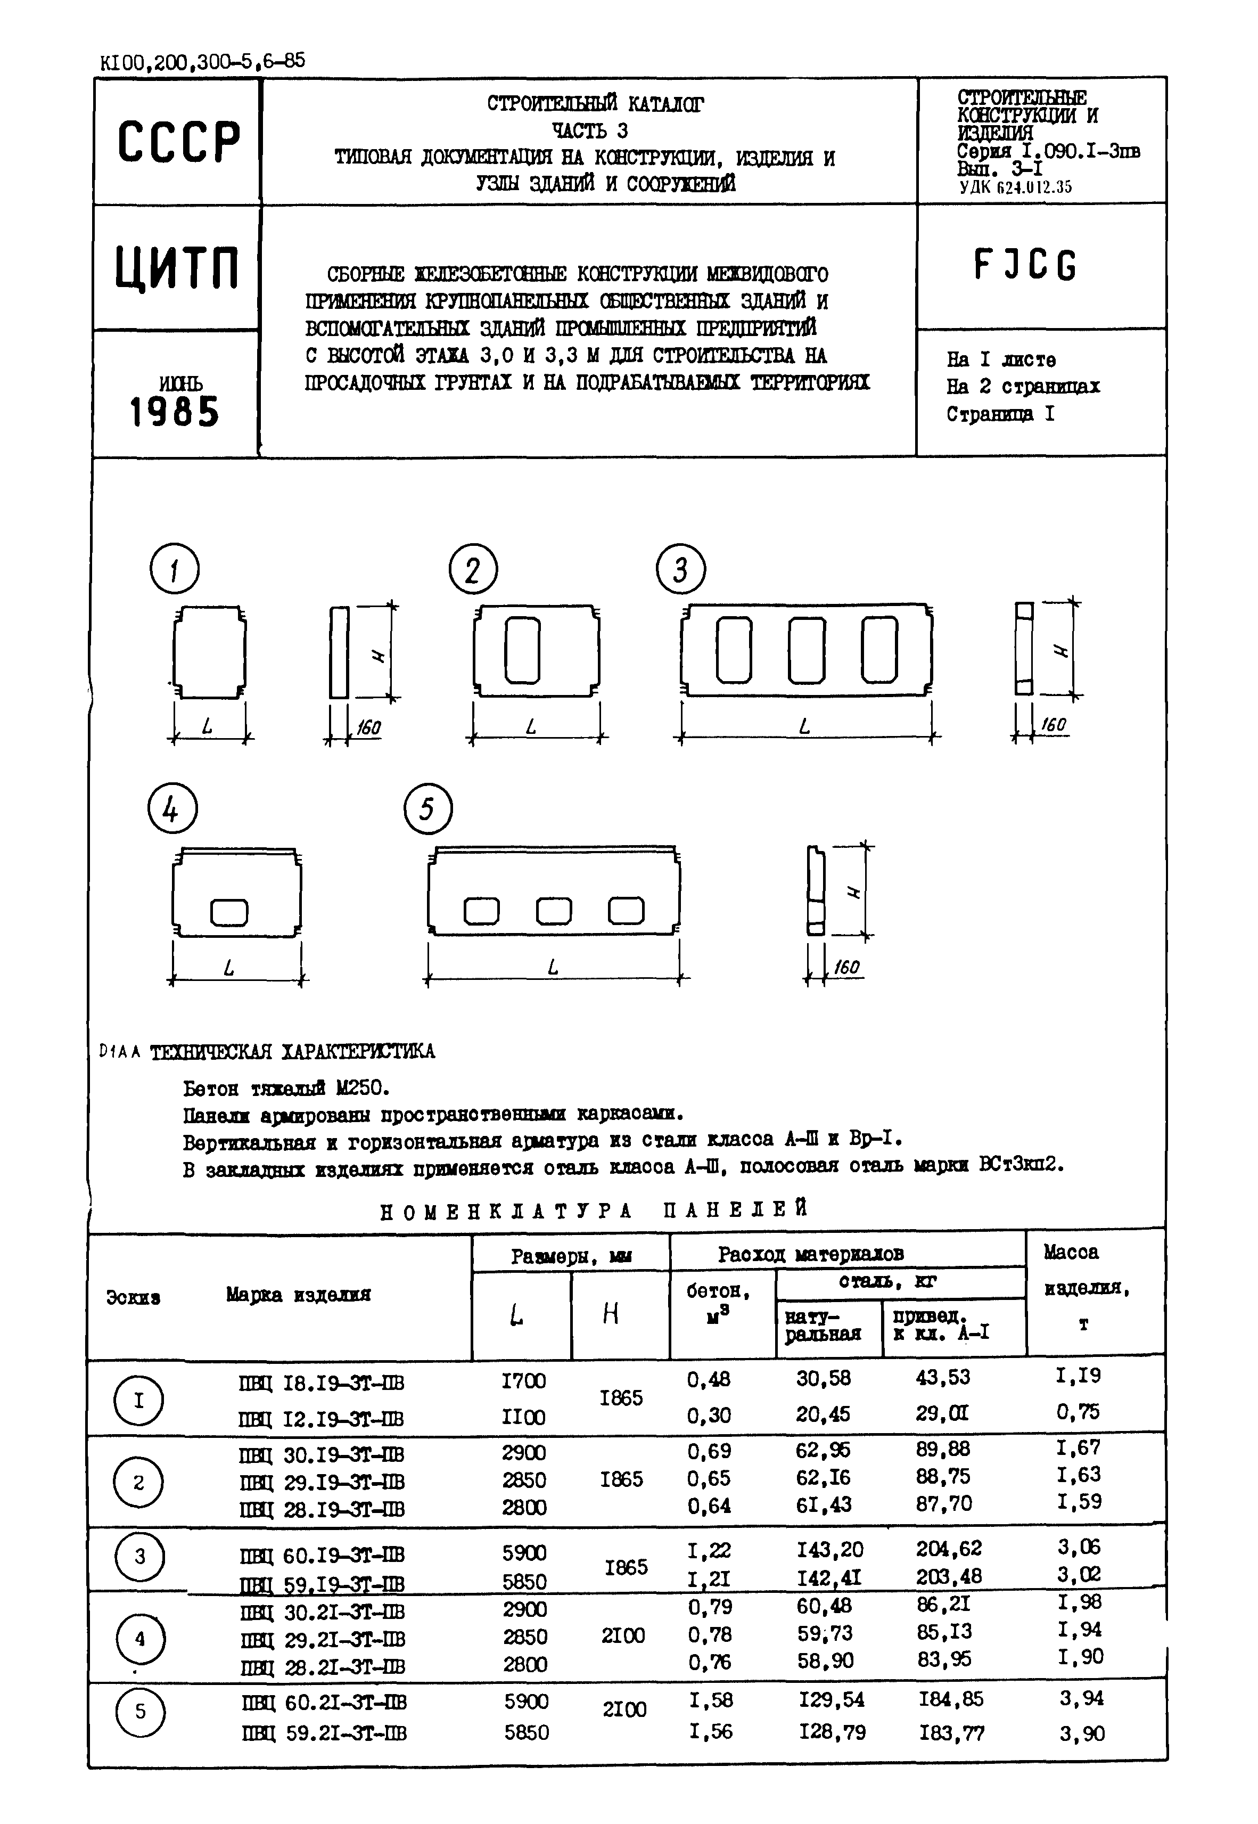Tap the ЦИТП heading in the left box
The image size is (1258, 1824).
[177, 268]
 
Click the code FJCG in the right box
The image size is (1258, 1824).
[1025, 266]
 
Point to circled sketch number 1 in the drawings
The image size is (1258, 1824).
[174, 569]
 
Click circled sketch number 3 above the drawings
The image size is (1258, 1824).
[680, 570]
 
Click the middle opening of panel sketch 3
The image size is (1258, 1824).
[807, 650]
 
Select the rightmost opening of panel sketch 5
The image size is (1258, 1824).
[627, 911]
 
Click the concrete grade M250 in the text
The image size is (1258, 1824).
[361, 1089]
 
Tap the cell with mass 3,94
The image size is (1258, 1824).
[1081, 1699]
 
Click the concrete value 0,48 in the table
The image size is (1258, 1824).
[709, 1379]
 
